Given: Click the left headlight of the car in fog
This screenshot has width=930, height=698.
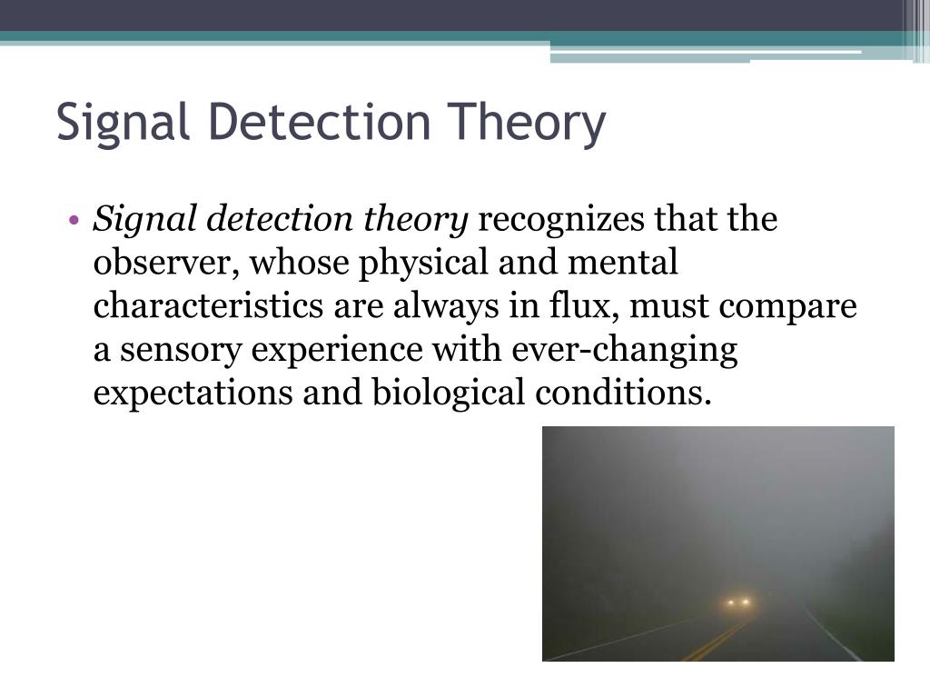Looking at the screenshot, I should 730,602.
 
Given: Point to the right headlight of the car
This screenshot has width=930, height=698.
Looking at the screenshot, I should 747,602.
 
